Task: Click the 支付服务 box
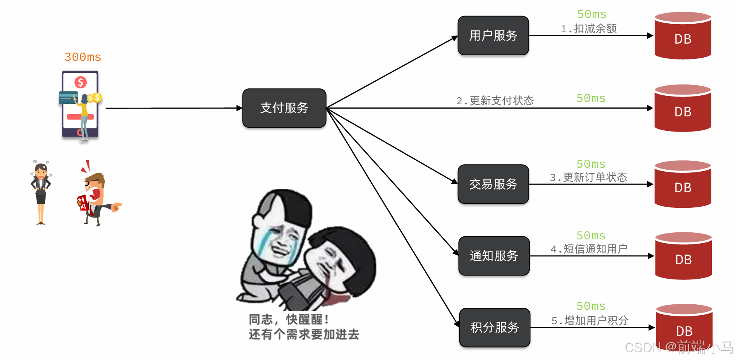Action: pos(284,108)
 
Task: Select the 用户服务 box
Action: pos(493,35)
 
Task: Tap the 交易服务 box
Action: pos(493,184)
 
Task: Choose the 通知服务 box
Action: pos(494,256)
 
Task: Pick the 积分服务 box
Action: pos(495,327)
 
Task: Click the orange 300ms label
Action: pos(83,57)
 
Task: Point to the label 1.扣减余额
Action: pos(588,28)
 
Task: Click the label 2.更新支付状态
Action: pos(495,101)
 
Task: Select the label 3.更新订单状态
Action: pos(588,177)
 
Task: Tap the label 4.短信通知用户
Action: pos(589,249)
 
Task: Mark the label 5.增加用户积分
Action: pos(590,321)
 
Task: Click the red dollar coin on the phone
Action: pos(81,82)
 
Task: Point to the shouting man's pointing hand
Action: pos(116,206)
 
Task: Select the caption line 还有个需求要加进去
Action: pos(304,334)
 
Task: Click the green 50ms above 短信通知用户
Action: pos(591,235)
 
